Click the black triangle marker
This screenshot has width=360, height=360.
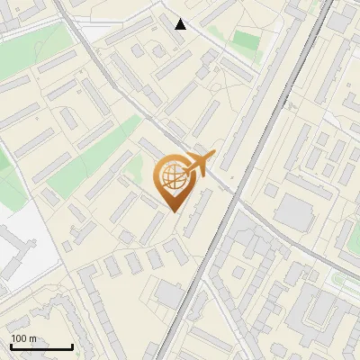(181, 24)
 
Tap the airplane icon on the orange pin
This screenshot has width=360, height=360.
(197, 165)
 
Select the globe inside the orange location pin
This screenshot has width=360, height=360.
(173, 177)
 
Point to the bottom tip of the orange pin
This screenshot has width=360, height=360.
(173, 211)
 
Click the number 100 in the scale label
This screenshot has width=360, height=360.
(20, 338)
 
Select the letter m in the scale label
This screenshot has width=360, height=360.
(33, 338)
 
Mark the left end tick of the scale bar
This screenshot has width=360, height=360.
(11, 346)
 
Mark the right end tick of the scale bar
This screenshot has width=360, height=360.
(72, 346)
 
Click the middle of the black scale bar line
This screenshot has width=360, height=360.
(41, 347)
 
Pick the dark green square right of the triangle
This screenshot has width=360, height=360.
(245, 40)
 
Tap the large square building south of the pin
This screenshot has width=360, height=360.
(168, 294)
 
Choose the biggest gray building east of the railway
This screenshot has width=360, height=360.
(294, 212)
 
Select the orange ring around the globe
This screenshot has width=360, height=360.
(159, 177)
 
